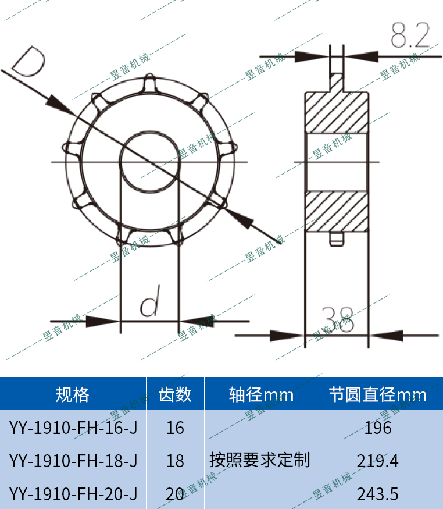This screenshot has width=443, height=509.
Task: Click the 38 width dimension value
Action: (x=337, y=319)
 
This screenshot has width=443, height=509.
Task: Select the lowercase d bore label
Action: (x=150, y=304)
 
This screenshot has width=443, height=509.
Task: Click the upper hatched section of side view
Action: (x=337, y=113)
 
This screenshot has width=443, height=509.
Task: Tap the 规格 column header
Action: (x=73, y=395)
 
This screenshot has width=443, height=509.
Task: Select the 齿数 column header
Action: (x=175, y=395)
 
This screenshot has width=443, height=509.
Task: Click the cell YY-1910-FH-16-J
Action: (x=73, y=428)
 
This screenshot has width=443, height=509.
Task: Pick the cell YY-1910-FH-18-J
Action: (x=73, y=461)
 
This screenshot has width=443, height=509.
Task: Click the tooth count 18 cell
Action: (x=175, y=461)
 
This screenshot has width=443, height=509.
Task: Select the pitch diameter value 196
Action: (x=378, y=428)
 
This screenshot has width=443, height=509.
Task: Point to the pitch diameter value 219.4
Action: (x=378, y=461)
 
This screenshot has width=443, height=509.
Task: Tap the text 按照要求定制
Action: (x=260, y=460)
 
